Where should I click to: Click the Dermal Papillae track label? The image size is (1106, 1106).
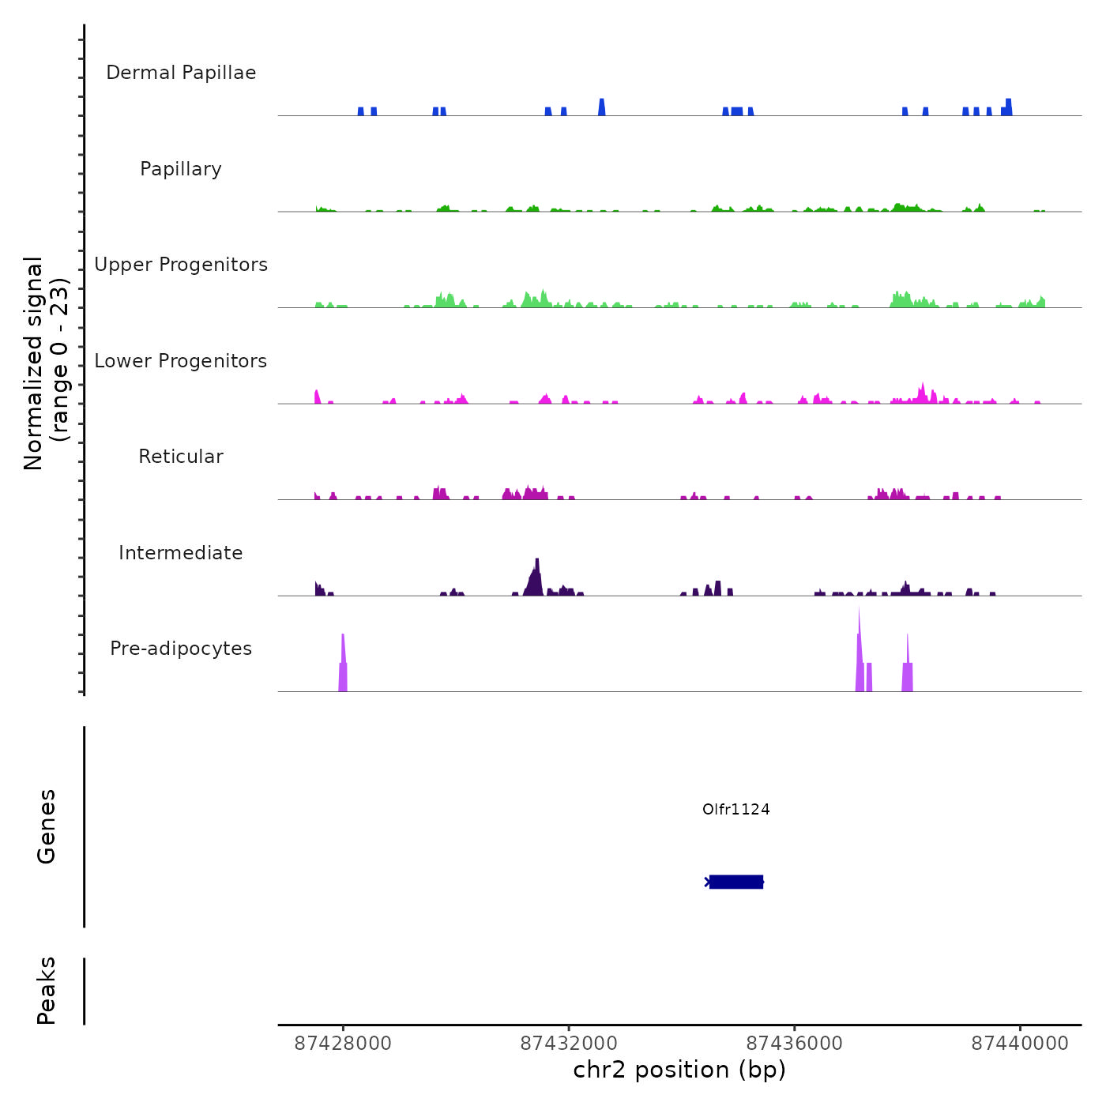pyautogui.click(x=181, y=73)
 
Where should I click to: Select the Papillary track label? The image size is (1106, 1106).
pyautogui.click(x=181, y=169)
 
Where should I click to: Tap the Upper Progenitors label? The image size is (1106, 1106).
pyautogui.click(x=181, y=265)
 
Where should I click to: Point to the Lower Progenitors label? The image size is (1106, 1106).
pyautogui.click(x=181, y=361)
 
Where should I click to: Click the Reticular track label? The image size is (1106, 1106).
pyautogui.click(x=181, y=457)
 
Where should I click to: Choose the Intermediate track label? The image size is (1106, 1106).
pyautogui.click(x=181, y=553)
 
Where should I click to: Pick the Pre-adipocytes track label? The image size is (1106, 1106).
pyautogui.click(x=181, y=649)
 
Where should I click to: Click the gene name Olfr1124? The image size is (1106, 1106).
pyautogui.click(x=735, y=809)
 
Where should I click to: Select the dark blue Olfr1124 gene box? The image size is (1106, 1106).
pyautogui.click(x=736, y=882)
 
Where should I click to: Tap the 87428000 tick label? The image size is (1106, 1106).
pyautogui.click(x=343, y=1044)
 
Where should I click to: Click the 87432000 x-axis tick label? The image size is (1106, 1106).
pyautogui.click(x=569, y=1044)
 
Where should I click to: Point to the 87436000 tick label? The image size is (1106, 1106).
pyautogui.click(x=795, y=1044)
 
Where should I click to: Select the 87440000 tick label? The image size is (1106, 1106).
pyautogui.click(x=1020, y=1044)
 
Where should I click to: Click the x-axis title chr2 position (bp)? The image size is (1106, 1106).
pyautogui.click(x=679, y=1070)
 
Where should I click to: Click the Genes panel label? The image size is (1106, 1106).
pyautogui.click(x=47, y=826)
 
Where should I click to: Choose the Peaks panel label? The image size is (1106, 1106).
pyautogui.click(x=47, y=991)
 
